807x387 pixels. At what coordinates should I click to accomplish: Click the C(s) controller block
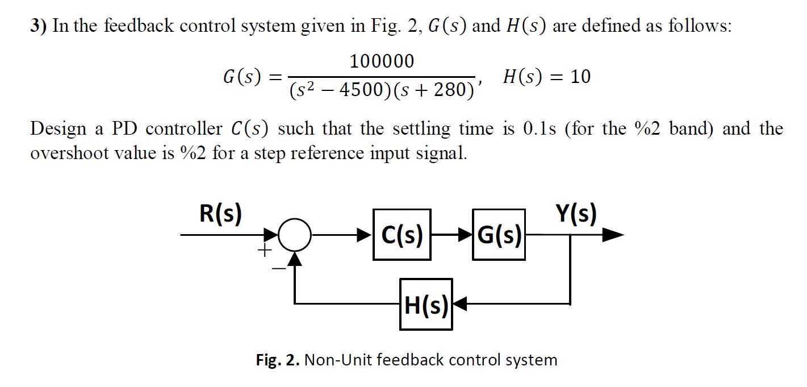click(402, 235)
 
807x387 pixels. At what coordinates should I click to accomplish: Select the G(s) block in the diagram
click(499, 235)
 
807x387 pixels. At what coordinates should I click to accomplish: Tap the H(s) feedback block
click(426, 305)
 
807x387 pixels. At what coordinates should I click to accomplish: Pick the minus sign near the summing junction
click(279, 267)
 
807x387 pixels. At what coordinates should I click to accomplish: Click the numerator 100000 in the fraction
click(382, 61)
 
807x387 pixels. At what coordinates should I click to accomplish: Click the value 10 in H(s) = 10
click(580, 77)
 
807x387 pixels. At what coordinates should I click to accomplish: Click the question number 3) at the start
click(39, 26)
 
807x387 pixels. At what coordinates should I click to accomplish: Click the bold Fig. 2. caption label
click(278, 360)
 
